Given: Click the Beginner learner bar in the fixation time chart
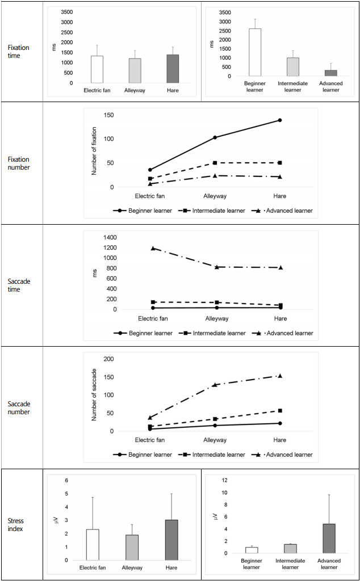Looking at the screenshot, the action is (255, 52).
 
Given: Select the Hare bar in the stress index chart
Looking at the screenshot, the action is (171, 540).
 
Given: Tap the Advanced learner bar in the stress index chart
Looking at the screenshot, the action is (329, 539).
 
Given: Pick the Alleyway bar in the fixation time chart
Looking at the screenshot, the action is (135, 71).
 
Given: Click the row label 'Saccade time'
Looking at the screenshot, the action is (19, 285).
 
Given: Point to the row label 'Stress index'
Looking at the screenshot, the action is (15, 525).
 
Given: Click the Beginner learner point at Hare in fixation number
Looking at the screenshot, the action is (280, 120).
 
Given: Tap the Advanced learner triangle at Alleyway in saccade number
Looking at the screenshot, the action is (215, 385).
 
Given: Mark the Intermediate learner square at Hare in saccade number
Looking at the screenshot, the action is (280, 411).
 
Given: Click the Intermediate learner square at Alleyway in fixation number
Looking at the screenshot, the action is (215, 163).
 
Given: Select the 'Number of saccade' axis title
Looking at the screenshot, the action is (94, 395).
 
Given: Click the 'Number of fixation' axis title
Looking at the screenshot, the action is (94, 151).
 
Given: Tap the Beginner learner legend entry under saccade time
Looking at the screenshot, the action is (144, 333).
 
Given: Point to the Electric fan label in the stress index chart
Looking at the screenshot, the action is (93, 567).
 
